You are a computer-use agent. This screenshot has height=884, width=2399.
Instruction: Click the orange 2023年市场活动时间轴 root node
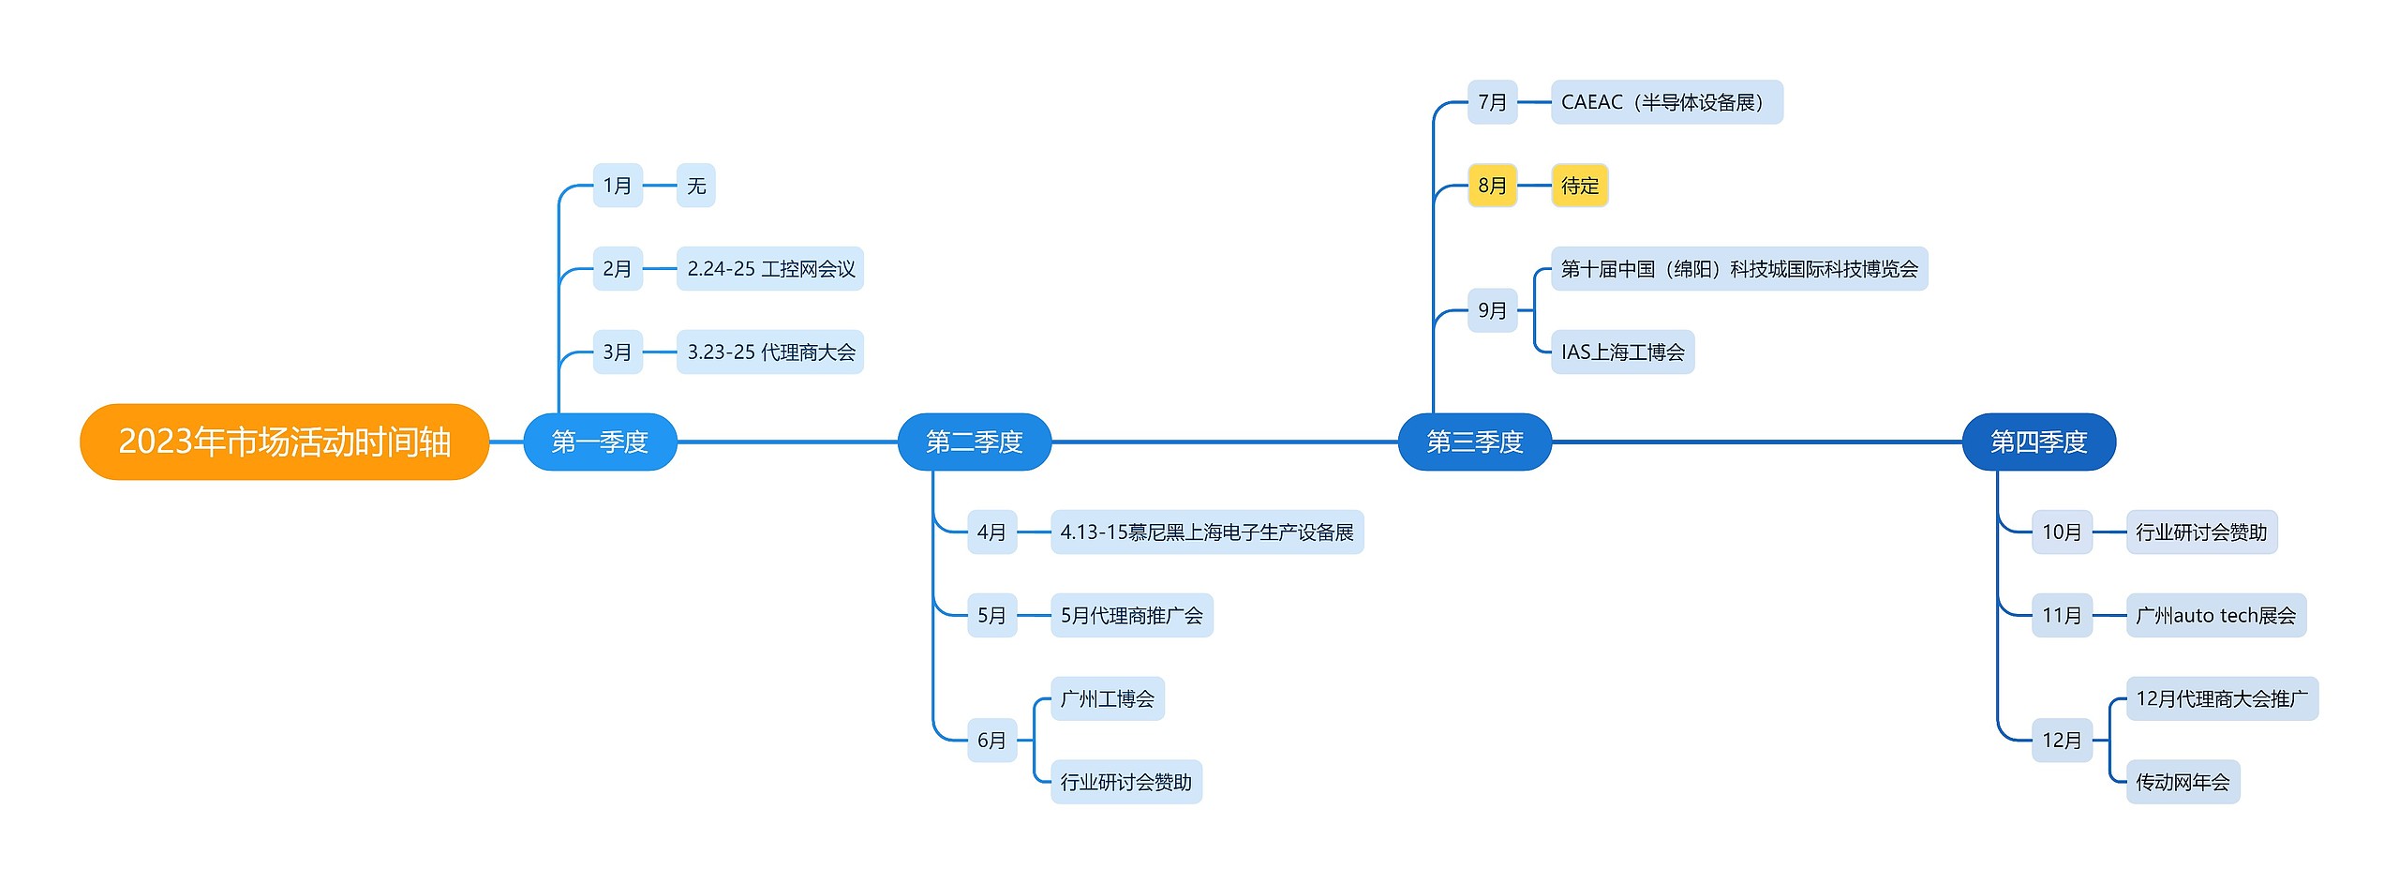pyautogui.click(x=284, y=442)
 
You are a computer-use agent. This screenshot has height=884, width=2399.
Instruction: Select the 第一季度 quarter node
pyautogui.click(x=600, y=442)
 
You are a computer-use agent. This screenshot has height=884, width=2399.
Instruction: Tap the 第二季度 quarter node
pyautogui.click(x=974, y=442)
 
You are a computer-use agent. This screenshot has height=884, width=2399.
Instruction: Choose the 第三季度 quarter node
pyautogui.click(x=1474, y=442)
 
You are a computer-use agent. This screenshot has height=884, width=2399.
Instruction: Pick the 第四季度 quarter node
pyautogui.click(x=2038, y=442)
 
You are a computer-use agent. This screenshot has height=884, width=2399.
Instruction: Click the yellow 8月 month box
pyautogui.click(x=1492, y=186)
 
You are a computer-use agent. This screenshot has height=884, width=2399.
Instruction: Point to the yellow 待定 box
pyautogui.click(x=1579, y=186)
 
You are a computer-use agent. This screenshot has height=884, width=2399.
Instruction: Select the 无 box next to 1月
pyautogui.click(x=695, y=186)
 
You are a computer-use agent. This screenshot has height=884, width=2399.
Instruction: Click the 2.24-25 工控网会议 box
pyautogui.click(x=769, y=269)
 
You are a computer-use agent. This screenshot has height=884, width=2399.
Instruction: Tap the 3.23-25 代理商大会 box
pyautogui.click(x=769, y=352)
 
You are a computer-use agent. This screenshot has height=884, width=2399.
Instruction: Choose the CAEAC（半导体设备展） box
pyautogui.click(x=1666, y=102)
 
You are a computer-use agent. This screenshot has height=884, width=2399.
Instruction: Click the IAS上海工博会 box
pyautogui.click(x=1622, y=352)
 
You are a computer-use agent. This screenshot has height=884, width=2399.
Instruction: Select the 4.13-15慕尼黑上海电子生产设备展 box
pyautogui.click(x=1206, y=532)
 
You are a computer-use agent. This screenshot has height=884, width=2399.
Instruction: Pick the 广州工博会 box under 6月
pyautogui.click(x=1107, y=699)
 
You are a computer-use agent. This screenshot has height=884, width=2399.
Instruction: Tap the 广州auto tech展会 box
pyautogui.click(x=2215, y=616)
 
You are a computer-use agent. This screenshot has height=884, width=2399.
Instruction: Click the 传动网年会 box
pyautogui.click(x=2183, y=782)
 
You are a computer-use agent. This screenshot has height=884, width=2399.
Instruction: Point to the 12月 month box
pyautogui.click(x=2061, y=741)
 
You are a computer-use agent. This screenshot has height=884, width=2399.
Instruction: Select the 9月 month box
pyautogui.click(x=1492, y=310)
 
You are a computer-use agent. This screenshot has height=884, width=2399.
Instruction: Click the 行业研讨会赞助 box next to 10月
pyautogui.click(x=2200, y=532)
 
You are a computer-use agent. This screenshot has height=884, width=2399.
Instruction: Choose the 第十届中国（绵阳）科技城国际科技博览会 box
pyautogui.click(x=1738, y=269)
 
